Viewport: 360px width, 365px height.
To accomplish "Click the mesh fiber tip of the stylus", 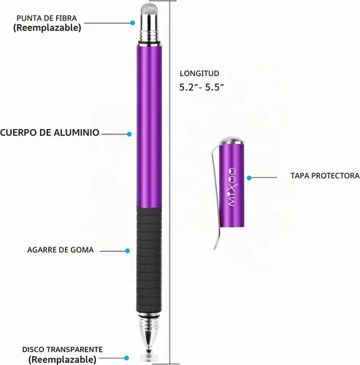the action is [149, 9].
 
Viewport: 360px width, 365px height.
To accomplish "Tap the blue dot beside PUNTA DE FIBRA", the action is [133, 23].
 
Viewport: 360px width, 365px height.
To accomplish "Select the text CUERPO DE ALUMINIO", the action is [50, 133].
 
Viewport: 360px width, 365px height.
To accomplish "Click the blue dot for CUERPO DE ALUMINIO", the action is [129, 134].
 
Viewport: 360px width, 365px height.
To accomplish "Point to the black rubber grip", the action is [149, 260].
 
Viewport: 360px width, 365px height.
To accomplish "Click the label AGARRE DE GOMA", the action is [61, 250].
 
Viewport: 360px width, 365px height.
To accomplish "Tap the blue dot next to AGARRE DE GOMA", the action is [127, 251].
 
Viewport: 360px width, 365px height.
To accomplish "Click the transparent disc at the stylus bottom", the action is [149, 358].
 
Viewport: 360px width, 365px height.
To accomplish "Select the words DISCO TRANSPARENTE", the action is [62, 350].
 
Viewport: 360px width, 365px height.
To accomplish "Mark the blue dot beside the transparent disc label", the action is [126, 358].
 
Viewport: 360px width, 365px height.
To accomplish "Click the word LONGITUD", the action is [199, 73].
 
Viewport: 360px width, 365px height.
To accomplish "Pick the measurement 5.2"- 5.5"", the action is [202, 87].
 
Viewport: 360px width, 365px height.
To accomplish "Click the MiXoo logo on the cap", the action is [232, 187].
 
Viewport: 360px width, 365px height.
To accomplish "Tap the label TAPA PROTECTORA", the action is [325, 176].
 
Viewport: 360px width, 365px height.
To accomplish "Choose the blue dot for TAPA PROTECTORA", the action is [249, 178].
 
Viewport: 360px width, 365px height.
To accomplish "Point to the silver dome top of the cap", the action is [231, 141].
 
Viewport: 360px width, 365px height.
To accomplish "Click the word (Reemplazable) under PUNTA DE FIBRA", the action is [47, 28].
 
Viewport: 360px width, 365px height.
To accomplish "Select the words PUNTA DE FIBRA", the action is [47, 18].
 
